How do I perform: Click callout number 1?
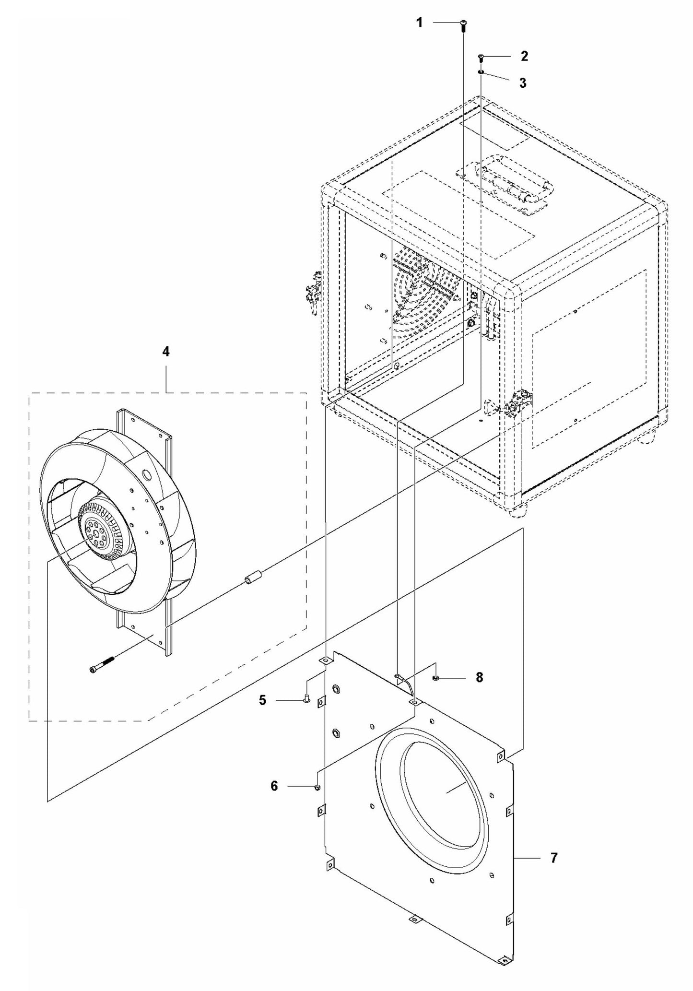tap(419, 23)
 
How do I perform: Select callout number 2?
tap(524, 56)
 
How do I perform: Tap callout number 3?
tap(523, 83)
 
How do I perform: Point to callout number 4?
tap(165, 352)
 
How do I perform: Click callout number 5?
tap(262, 700)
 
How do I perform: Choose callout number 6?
tap(274, 786)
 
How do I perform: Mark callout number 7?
tap(554, 858)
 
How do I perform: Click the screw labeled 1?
tap(464, 24)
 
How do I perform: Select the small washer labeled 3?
tap(481, 72)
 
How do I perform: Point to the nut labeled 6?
tap(317, 787)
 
